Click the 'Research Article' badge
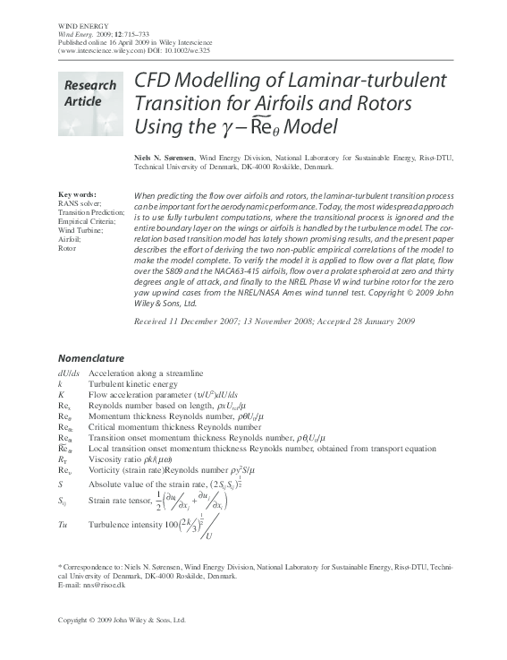[89, 93]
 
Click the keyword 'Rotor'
[67, 248]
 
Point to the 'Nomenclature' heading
[91, 358]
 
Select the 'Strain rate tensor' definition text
[121, 501]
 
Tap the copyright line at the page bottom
[122, 619]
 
